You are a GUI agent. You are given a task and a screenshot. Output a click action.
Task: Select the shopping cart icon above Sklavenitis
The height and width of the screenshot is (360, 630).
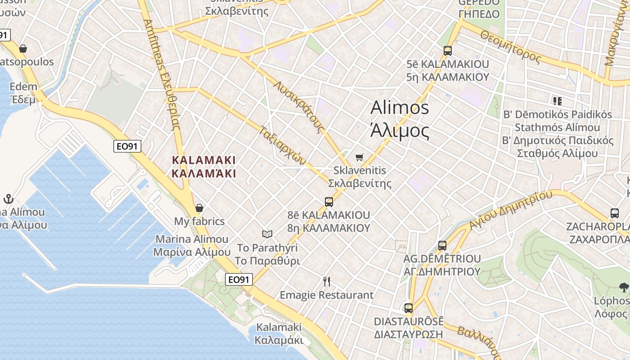[359, 157]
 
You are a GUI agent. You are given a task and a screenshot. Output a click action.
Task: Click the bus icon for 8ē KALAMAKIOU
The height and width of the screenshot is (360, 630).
[329, 202]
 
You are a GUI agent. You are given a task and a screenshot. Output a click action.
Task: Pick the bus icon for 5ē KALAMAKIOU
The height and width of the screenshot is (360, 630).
[447, 50]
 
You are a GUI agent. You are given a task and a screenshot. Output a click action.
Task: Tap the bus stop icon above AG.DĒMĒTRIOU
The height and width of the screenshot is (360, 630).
[442, 245]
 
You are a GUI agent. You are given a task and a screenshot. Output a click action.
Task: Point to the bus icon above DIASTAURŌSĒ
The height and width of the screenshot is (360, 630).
[409, 308]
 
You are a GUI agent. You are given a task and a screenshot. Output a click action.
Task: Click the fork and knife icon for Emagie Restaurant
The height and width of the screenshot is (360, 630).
[327, 282]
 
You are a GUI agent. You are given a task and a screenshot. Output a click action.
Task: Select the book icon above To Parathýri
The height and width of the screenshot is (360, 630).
[267, 234]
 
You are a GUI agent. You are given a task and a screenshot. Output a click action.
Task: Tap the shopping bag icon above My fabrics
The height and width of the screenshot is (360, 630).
[199, 208]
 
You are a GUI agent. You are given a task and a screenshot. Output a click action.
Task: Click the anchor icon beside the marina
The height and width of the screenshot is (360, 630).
[8, 199]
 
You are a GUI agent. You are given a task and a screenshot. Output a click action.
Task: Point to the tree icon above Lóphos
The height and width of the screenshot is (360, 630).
[624, 287]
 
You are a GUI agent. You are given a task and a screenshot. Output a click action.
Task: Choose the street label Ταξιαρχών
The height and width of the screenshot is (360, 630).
[283, 145]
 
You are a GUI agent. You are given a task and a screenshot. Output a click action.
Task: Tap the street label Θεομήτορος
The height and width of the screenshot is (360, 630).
[510, 46]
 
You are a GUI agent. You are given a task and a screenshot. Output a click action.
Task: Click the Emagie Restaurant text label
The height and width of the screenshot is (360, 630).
[327, 295]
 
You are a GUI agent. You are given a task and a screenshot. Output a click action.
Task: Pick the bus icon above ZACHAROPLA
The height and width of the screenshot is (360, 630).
[615, 213]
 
